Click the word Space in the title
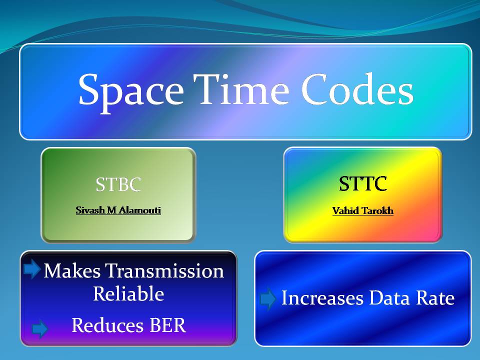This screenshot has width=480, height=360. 131,92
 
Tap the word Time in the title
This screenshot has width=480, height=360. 241,89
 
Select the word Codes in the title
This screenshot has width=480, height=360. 357,89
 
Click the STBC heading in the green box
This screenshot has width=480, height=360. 118,184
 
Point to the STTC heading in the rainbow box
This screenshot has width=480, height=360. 363,183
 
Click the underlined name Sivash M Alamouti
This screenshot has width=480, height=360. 118,210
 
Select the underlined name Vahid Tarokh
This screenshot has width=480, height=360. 363,210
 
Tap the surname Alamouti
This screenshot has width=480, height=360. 139,210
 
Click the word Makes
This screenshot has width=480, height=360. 72,270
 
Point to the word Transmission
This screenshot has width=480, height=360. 164,270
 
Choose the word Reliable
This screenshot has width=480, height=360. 128,293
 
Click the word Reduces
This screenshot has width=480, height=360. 107,325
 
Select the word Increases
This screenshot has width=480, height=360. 322,297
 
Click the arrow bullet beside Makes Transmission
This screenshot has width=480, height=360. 32,269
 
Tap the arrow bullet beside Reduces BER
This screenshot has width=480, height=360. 40,329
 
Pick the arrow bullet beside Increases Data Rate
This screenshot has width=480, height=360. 268,298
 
